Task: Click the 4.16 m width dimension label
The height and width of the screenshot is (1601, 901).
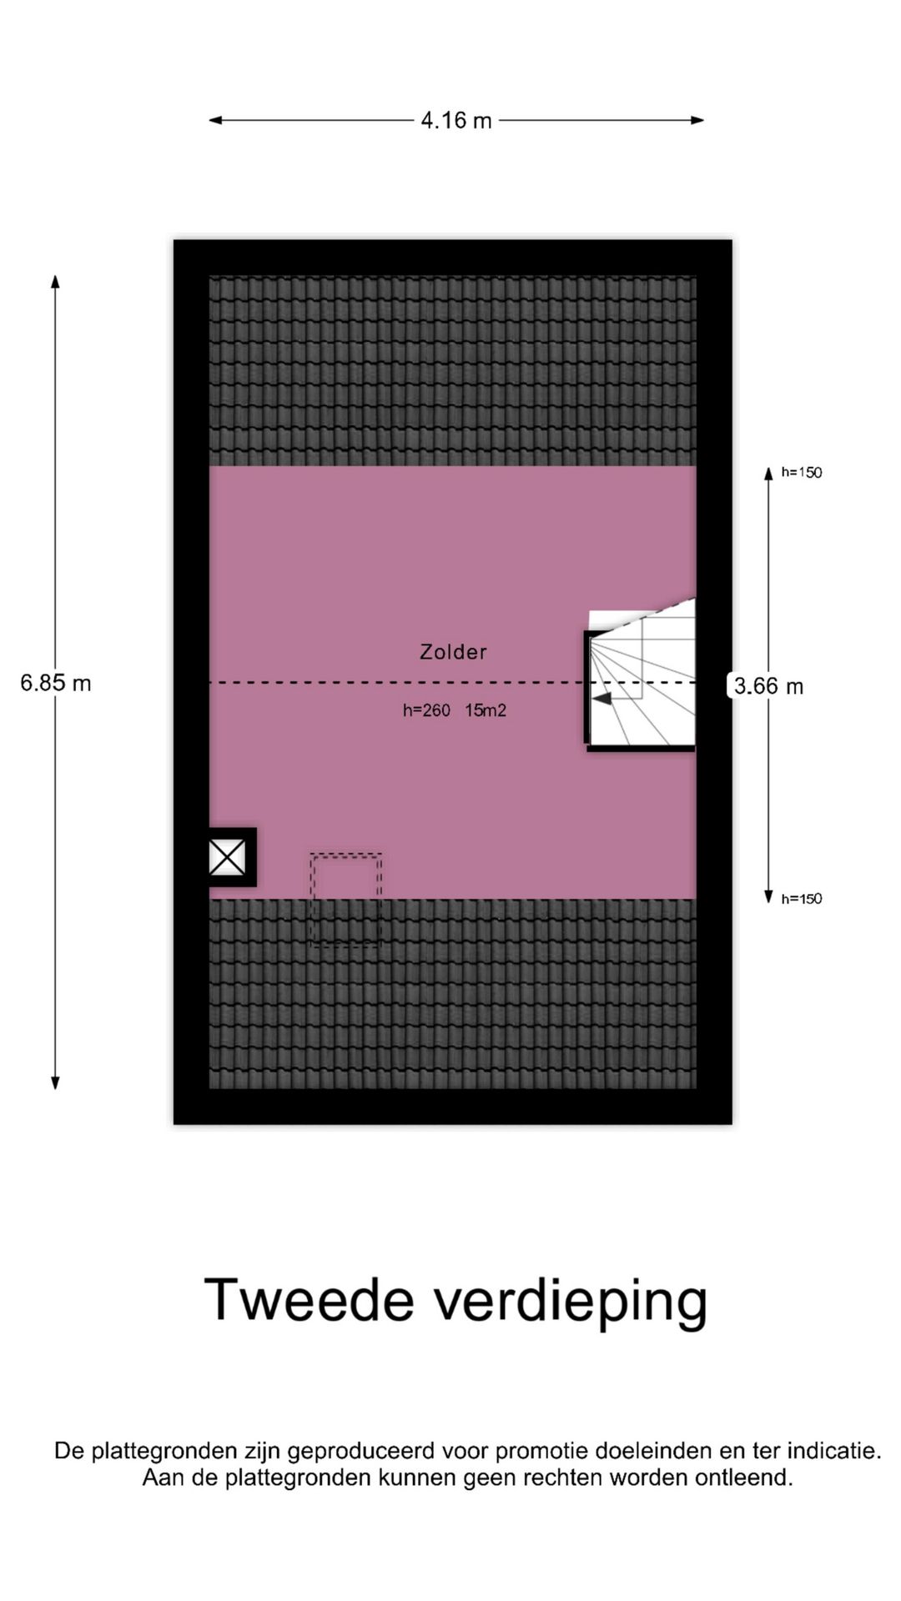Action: (x=456, y=121)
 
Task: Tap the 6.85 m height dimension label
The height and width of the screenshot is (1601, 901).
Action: (x=56, y=683)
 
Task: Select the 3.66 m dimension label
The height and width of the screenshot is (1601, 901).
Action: (x=768, y=686)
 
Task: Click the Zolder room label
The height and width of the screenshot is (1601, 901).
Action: (x=453, y=652)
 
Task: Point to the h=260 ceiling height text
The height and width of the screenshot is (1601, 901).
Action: (x=426, y=710)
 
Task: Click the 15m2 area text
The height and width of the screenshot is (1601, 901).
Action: (x=486, y=710)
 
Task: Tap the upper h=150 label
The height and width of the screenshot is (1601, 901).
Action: (x=802, y=473)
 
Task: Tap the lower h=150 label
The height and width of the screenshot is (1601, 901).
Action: (x=802, y=899)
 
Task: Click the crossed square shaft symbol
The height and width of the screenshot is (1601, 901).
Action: (x=227, y=857)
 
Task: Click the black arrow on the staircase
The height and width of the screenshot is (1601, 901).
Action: (x=602, y=699)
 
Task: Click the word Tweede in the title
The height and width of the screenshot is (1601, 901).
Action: (x=309, y=1299)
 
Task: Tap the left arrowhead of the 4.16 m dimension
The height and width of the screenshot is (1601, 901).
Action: (x=215, y=120)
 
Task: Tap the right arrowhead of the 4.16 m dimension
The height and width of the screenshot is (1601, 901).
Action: (x=697, y=120)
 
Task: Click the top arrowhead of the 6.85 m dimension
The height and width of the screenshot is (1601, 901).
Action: (x=55, y=281)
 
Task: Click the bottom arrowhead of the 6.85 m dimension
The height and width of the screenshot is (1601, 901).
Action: (x=55, y=1083)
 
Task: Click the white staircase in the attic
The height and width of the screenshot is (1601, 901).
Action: (x=642, y=675)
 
